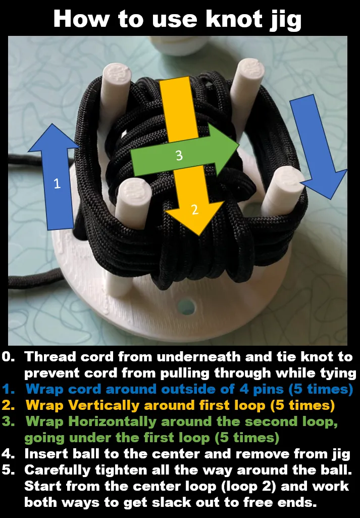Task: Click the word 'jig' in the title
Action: point(283,20)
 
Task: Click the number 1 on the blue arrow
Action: point(57,184)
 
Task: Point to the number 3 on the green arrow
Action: point(179,156)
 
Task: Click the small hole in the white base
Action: point(186,306)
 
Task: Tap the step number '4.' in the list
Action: point(9,453)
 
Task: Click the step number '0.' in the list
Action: point(9,357)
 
